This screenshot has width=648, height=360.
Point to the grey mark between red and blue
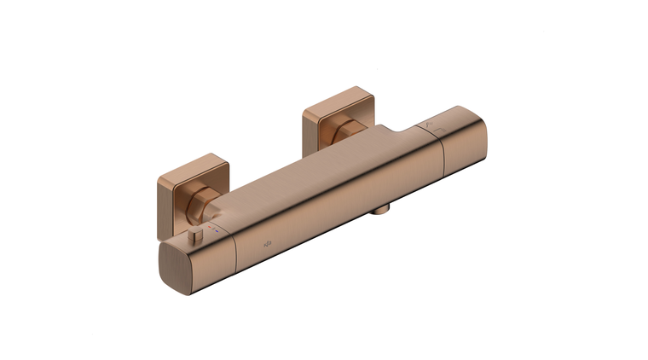pos(218,230)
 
